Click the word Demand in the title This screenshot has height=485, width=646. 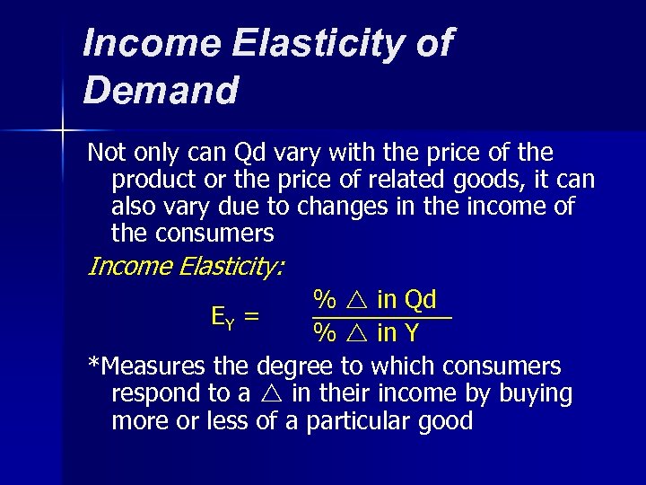point(161,90)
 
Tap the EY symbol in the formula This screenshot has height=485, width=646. point(222,315)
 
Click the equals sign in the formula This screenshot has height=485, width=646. point(252,315)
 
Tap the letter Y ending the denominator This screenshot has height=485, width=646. point(411,334)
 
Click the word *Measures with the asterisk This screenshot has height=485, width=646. point(147,366)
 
